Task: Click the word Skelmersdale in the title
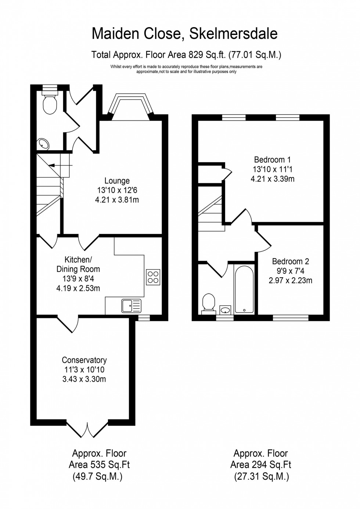click(x=233, y=34)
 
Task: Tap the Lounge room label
click(x=117, y=181)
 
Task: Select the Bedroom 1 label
click(x=272, y=160)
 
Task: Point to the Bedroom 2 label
click(x=290, y=261)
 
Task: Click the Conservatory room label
click(x=84, y=360)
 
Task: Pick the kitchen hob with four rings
click(x=153, y=277)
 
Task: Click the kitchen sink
click(x=132, y=306)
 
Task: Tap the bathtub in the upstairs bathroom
click(x=244, y=290)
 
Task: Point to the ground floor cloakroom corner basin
click(x=44, y=144)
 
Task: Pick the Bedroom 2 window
click(x=290, y=318)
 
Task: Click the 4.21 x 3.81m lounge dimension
click(x=117, y=200)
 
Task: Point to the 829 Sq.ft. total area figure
click(x=207, y=55)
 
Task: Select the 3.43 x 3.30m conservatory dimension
click(x=84, y=379)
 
